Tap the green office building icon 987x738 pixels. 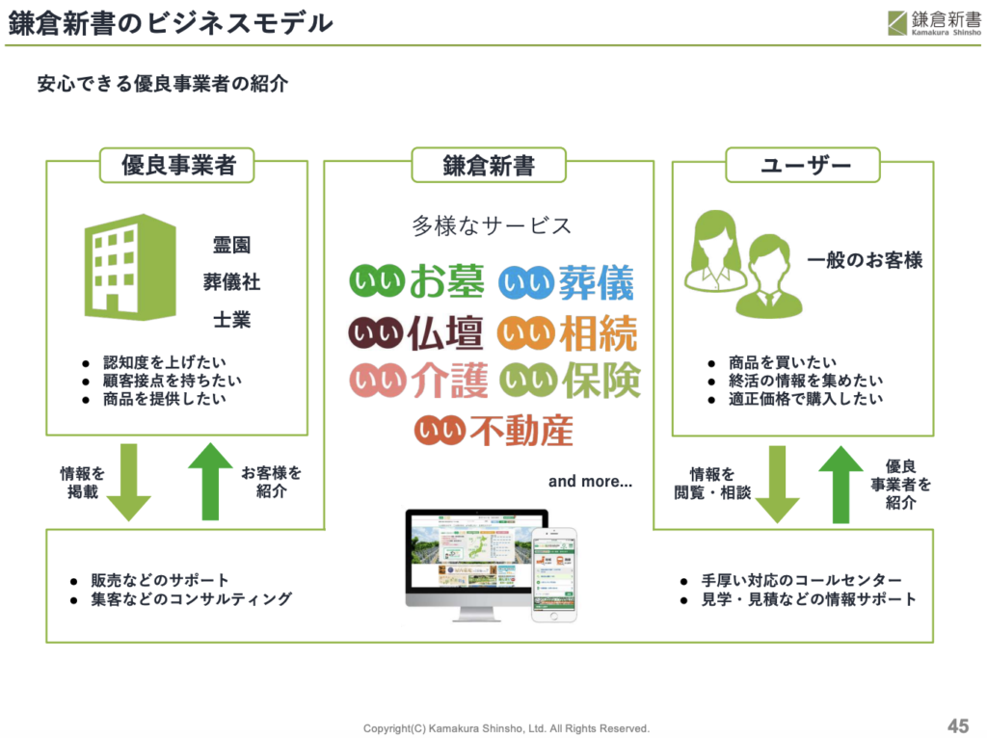coord(130,267)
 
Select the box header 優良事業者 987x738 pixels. coord(178,166)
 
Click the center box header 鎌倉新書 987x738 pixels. coord(489,166)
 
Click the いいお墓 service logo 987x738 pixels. coord(416,281)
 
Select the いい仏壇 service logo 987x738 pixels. coord(415,333)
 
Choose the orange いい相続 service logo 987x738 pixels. coord(567,333)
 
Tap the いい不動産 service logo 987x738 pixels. coord(493,430)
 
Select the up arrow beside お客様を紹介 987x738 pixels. coord(209,480)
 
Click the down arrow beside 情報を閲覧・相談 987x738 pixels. coord(776,485)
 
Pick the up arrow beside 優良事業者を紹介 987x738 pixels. coord(840,483)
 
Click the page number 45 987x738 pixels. coord(957,725)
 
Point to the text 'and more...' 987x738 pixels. coord(590,481)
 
